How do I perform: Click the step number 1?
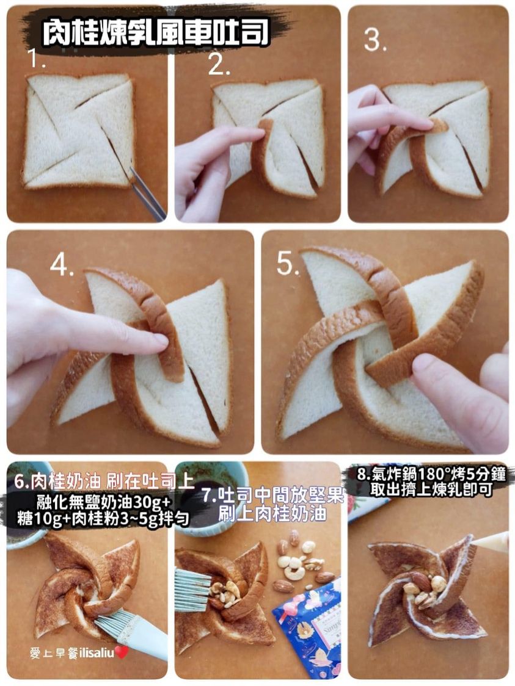[x=36, y=59]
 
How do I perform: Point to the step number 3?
[x=375, y=40]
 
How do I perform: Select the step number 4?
[x=62, y=265]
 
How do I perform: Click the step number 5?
[x=288, y=264]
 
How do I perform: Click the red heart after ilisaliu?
[x=122, y=653]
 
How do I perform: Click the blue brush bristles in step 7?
[x=191, y=589]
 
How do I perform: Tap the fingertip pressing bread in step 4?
[x=156, y=341]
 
